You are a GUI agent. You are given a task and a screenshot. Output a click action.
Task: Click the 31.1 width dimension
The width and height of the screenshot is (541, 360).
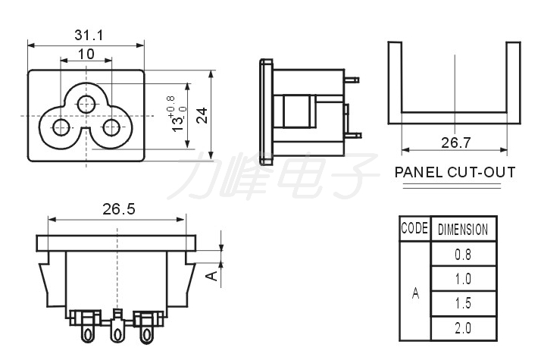click(89, 35)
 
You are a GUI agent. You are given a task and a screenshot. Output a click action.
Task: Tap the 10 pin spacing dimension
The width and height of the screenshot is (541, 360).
click(86, 55)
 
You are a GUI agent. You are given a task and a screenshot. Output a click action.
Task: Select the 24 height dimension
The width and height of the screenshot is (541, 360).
click(202, 115)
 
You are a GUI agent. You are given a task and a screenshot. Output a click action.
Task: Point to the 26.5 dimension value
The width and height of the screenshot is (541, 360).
click(119, 209)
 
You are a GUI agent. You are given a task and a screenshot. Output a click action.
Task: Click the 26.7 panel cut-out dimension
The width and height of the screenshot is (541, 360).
click(455, 142)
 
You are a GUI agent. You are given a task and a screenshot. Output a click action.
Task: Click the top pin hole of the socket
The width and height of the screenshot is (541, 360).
click(86, 105)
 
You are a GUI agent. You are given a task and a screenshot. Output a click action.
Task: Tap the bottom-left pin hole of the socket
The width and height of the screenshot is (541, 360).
click(61, 127)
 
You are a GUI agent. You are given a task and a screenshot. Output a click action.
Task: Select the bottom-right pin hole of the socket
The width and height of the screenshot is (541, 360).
click(112, 127)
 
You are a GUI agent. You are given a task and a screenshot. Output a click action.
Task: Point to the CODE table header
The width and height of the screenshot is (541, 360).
click(414, 228)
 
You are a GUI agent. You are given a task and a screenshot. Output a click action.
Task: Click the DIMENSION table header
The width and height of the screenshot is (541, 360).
click(463, 230)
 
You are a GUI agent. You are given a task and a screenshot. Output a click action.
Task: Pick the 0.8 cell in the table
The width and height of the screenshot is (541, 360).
click(463, 255)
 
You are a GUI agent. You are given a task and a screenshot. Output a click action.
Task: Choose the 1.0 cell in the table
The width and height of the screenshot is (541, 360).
click(463, 279)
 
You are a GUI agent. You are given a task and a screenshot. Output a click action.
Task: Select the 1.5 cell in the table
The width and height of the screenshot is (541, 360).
click(463, 303)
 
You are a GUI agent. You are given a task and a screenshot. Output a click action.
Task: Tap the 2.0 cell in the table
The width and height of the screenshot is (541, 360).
click(463, 328)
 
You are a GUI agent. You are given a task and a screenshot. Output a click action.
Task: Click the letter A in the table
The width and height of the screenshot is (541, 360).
click(415, 294)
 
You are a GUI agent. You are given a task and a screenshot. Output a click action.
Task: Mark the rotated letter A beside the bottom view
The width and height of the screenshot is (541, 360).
click(211, 275)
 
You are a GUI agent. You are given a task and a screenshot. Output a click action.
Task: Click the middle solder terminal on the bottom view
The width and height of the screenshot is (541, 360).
click(117, 327)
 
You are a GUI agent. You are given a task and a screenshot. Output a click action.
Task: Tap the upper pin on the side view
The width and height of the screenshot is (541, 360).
click(352, 80)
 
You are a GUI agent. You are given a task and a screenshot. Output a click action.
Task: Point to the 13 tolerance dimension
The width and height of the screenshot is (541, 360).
click(178, 114)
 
